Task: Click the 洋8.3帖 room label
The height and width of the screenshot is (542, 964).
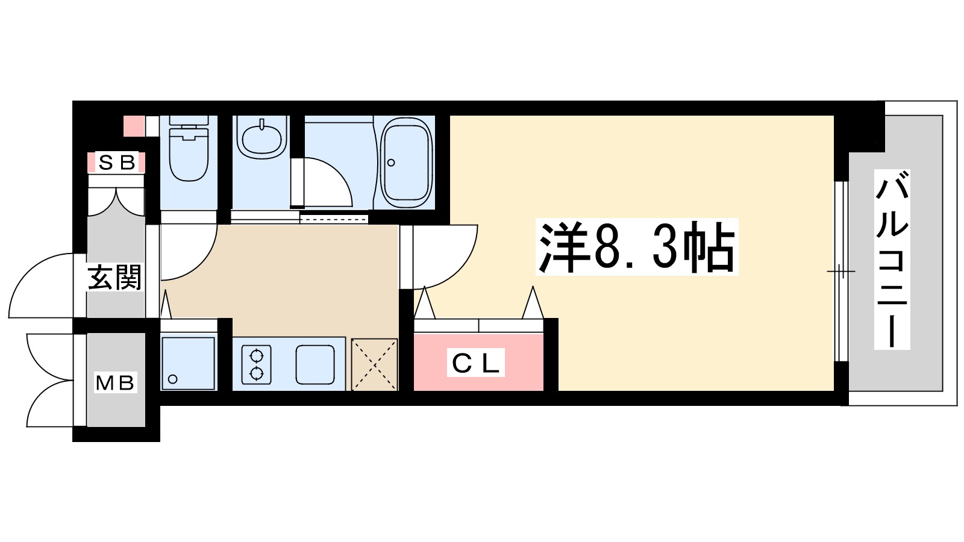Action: pyautogui.click(x=637, y=248)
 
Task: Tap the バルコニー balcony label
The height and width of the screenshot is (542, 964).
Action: pyautogui.click(x=892, y=260)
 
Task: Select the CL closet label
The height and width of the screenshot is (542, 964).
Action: pyautogui.click(x=475, y=363)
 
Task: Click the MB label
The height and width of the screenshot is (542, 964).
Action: pyautogui.click(x=116, y=382)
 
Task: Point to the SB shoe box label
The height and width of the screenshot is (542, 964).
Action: pyautogui.click(x=116, y=163)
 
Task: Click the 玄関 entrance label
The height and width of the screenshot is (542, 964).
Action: pyautogui.click(x=114, y=278)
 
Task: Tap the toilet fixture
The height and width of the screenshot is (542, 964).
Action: pyautogui.click(x=189, y=151)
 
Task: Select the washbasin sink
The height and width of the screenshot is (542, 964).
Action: pyautogui.click(x=261, y=137)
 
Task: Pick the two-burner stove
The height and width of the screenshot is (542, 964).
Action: pyautogui.click(x=257, y=364)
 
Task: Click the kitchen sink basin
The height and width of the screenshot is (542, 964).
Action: pyautogui.click(x=315, y=364)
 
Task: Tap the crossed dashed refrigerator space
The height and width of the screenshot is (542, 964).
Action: pyautogui.click(x=374, y=364)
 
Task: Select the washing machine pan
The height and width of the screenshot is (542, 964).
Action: pyautogui.click(x=188, y=363)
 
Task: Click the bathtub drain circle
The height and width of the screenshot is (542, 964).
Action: pyautogui.click(x=391, y=163)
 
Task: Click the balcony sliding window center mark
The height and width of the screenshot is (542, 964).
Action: pyautogui.click(x=840, y=272)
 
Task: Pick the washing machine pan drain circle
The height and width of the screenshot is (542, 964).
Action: pyautogui.click(x=173, y=379)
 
